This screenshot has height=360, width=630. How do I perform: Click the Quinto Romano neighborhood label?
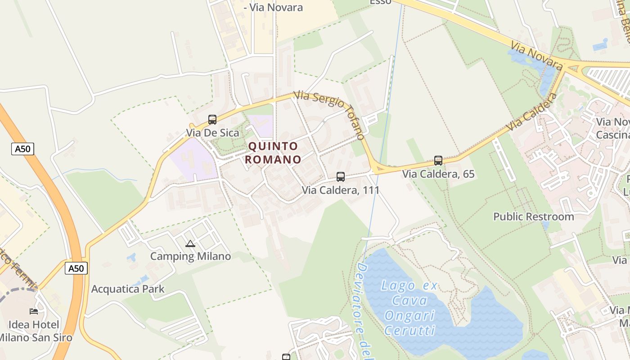coord(273,153)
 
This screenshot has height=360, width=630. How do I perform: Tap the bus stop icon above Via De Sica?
coord(212,120)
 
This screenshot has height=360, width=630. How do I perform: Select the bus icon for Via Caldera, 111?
coord(341,177)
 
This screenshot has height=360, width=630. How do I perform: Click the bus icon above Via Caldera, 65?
coord(438,161)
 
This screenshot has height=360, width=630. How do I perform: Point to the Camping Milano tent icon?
coord(190,244)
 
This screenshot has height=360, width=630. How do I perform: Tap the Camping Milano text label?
coord(190,256)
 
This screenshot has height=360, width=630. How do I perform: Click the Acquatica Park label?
coord(128,289)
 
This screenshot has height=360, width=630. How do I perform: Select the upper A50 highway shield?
coord(22,149)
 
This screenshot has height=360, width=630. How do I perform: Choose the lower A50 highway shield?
coord(76,269)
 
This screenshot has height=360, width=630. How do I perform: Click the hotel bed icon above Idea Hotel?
coord(34,311)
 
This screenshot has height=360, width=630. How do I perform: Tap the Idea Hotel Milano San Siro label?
coord(34,331)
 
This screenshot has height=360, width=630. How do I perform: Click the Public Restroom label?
coord(534,216)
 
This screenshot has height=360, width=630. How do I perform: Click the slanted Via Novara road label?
coord(536,56)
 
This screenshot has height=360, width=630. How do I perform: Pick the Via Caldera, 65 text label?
coord(438,174)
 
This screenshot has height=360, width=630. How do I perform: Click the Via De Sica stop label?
coord(212,133)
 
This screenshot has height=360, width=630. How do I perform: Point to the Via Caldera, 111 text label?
coord(341,190)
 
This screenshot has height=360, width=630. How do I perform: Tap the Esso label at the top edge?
coord(380,2)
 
